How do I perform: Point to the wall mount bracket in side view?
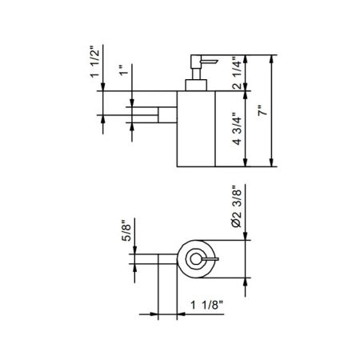point(166,115)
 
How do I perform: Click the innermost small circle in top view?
point(194,258)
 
